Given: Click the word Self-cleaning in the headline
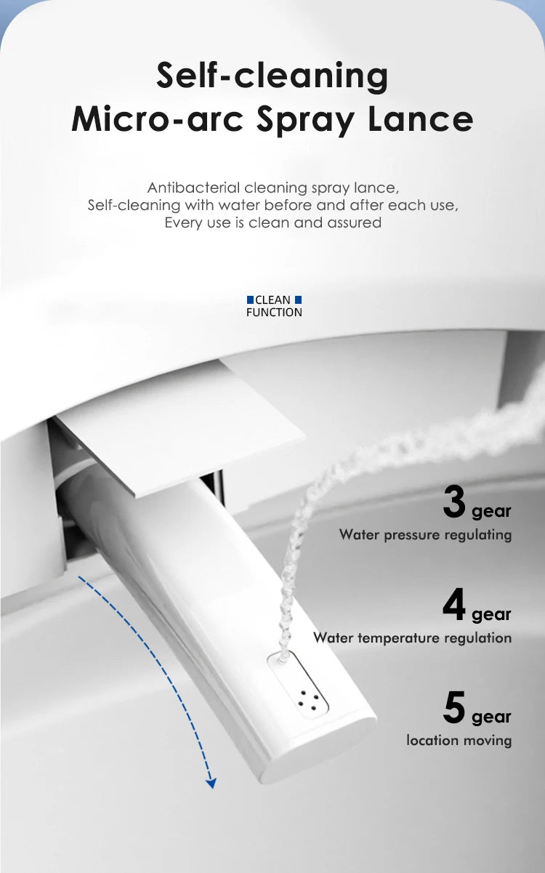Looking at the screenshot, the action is (272, 76).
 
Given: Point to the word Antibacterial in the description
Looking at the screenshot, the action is (193, 188).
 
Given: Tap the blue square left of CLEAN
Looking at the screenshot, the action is (250, 299).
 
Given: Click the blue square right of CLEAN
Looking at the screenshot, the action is (299, 299).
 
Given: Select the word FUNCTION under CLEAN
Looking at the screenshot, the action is (274, 312).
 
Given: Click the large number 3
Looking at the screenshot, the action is (454, 502).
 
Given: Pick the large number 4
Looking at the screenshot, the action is (454, 605).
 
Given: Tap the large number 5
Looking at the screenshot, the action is (454, 707).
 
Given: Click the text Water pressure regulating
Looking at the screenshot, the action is (425, 535).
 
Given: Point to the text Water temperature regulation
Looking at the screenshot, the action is (412, 638).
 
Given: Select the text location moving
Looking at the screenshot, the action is (459, 741).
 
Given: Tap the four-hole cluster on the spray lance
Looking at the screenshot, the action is (308, 700).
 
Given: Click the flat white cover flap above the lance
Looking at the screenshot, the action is (180, 435).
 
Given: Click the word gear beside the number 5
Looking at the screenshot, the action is (491, 717).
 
